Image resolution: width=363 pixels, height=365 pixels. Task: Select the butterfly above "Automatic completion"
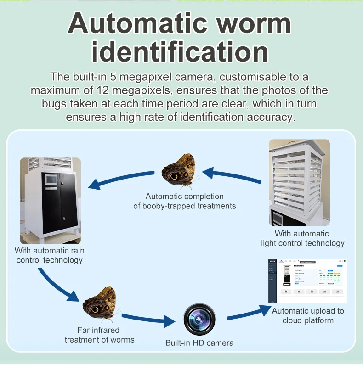(179, 171)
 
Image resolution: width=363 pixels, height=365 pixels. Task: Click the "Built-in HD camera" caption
(199, 343)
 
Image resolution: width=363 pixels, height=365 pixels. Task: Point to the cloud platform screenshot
(307, 281)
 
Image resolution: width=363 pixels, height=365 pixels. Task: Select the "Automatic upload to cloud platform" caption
(308, 315)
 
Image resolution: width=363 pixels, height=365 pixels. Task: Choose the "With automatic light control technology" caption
(302, 238)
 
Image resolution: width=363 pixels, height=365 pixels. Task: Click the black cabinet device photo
(51, 200)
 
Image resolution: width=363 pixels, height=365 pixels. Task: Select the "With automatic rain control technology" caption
(50, 255)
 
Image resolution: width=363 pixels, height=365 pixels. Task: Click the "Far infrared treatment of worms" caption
(99, 335)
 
